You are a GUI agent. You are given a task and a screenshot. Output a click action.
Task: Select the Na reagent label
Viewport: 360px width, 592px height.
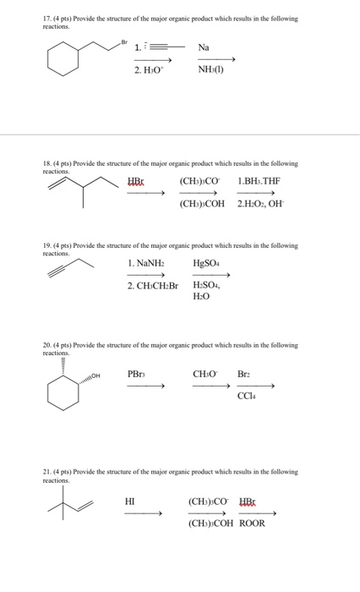click(x=205, y=47)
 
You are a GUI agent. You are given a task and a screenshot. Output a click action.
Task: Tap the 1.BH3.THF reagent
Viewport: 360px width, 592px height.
click(x=258, y=181)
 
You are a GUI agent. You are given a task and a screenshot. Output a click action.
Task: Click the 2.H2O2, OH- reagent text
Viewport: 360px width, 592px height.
click(x=259, y=204)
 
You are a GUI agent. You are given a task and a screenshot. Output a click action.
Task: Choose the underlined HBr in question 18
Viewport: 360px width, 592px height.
click(x=136, y=181)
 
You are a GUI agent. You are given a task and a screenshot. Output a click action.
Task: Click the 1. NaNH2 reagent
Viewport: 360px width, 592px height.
click(x=145, y=263)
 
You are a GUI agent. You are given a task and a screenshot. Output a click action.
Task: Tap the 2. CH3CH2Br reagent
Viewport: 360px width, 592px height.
click(x=153, y=286)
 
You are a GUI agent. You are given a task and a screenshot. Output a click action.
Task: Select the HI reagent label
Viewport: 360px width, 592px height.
click(x=130, y=500)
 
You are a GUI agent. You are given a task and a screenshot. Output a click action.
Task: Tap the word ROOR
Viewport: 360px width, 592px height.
click(x=252, y=523)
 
